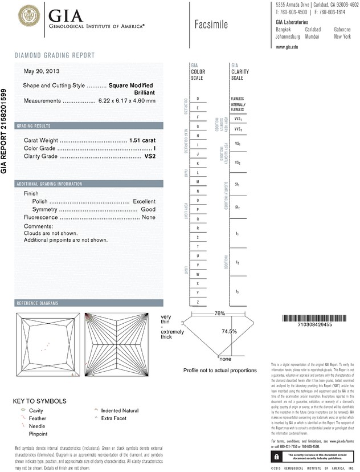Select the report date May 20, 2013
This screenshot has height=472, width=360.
41,71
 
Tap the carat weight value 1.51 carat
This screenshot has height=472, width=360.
142,140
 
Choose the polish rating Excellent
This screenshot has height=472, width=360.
144,202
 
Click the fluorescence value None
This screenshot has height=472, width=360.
149,218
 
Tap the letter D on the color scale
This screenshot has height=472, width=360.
198,99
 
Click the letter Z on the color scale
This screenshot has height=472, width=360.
198,302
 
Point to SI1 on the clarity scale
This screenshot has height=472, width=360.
237,185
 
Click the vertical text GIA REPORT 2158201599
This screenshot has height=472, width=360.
5,131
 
